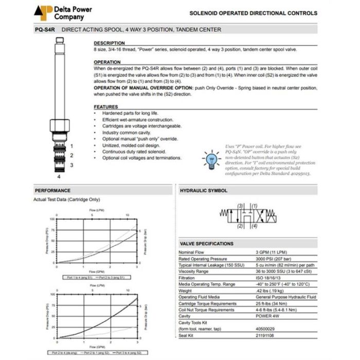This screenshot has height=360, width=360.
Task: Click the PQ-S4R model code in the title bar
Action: click(x=45, y=30)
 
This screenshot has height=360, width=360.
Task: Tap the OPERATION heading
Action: click(x=107, y=62)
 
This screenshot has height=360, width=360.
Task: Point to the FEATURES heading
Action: click(x=106, y=106)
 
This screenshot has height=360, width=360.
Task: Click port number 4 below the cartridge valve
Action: click(x=59, y=175)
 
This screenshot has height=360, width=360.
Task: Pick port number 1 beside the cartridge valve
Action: click(x=72, y=146)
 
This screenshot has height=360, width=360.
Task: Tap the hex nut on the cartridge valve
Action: click(x=58, y=125)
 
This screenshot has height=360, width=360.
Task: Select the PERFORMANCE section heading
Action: click(x=52, y=190)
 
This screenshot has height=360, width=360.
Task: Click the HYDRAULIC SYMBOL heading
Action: click(x=204, y=190)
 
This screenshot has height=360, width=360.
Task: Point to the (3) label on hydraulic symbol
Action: click(x=240, y=206)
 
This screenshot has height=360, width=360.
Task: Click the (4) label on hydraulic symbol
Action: click(x=254, y=226)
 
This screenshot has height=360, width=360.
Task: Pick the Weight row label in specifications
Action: click(x=186, y=291)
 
